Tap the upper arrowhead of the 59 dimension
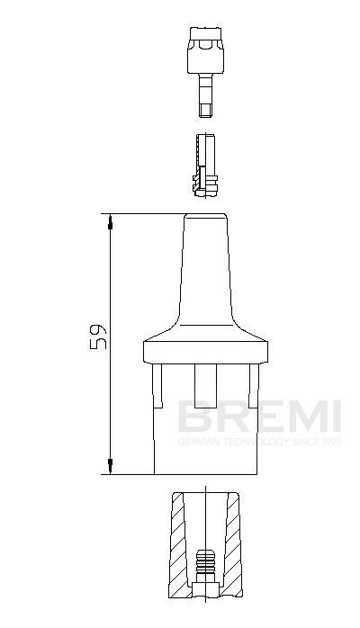[x=111, y=220]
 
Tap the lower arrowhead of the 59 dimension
[x=111, y=467]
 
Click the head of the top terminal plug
[x=206, y=40]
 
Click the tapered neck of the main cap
[x=206, y=270]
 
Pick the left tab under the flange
[x=158, y=382]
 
